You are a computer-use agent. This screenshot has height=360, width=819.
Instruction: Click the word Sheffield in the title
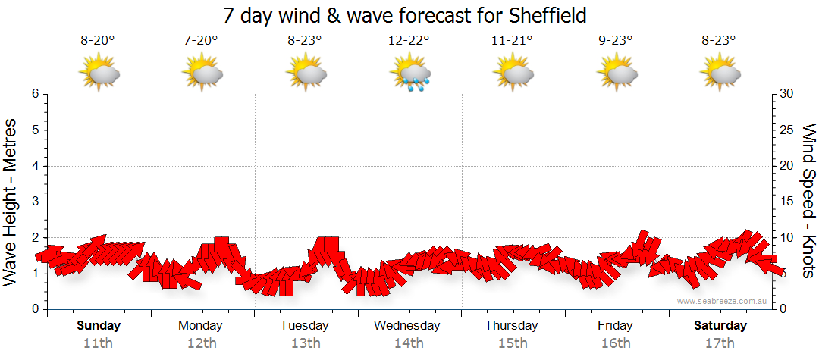(539, 15)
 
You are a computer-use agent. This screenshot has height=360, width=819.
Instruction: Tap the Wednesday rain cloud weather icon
(409, 74)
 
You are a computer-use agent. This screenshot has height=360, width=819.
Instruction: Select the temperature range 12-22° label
(409, 41)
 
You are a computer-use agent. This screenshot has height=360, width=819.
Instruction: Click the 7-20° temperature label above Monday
(201, 41)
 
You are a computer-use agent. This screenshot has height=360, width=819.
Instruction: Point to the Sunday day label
(98, 326)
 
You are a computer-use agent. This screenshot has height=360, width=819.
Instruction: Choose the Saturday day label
(720, 326)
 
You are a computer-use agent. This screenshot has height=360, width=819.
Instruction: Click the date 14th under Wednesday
(409, 343)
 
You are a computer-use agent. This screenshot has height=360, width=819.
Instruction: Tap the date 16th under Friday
(615, 343)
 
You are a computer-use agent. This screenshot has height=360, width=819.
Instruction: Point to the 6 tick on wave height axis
(35, 94)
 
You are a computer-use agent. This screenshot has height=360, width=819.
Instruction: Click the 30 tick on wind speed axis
(786, 94)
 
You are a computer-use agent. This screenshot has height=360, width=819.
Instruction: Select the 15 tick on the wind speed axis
(786, 202)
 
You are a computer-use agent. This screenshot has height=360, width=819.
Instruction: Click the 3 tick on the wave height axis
(35, 202)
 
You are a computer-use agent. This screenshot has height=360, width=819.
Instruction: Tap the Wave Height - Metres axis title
(11, 202)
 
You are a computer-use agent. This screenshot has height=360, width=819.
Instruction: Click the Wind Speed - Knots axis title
(808, 202)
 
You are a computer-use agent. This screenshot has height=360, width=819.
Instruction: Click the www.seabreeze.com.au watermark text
(723, 302)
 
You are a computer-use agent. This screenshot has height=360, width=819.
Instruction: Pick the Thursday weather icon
(513, 74)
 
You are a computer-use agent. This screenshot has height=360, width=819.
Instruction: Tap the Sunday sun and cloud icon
(99, 74)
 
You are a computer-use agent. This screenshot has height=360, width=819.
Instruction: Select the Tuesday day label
(305, 326)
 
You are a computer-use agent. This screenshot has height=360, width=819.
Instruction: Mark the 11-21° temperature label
(512, 41)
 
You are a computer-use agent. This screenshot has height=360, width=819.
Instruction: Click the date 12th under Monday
(201, 343)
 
